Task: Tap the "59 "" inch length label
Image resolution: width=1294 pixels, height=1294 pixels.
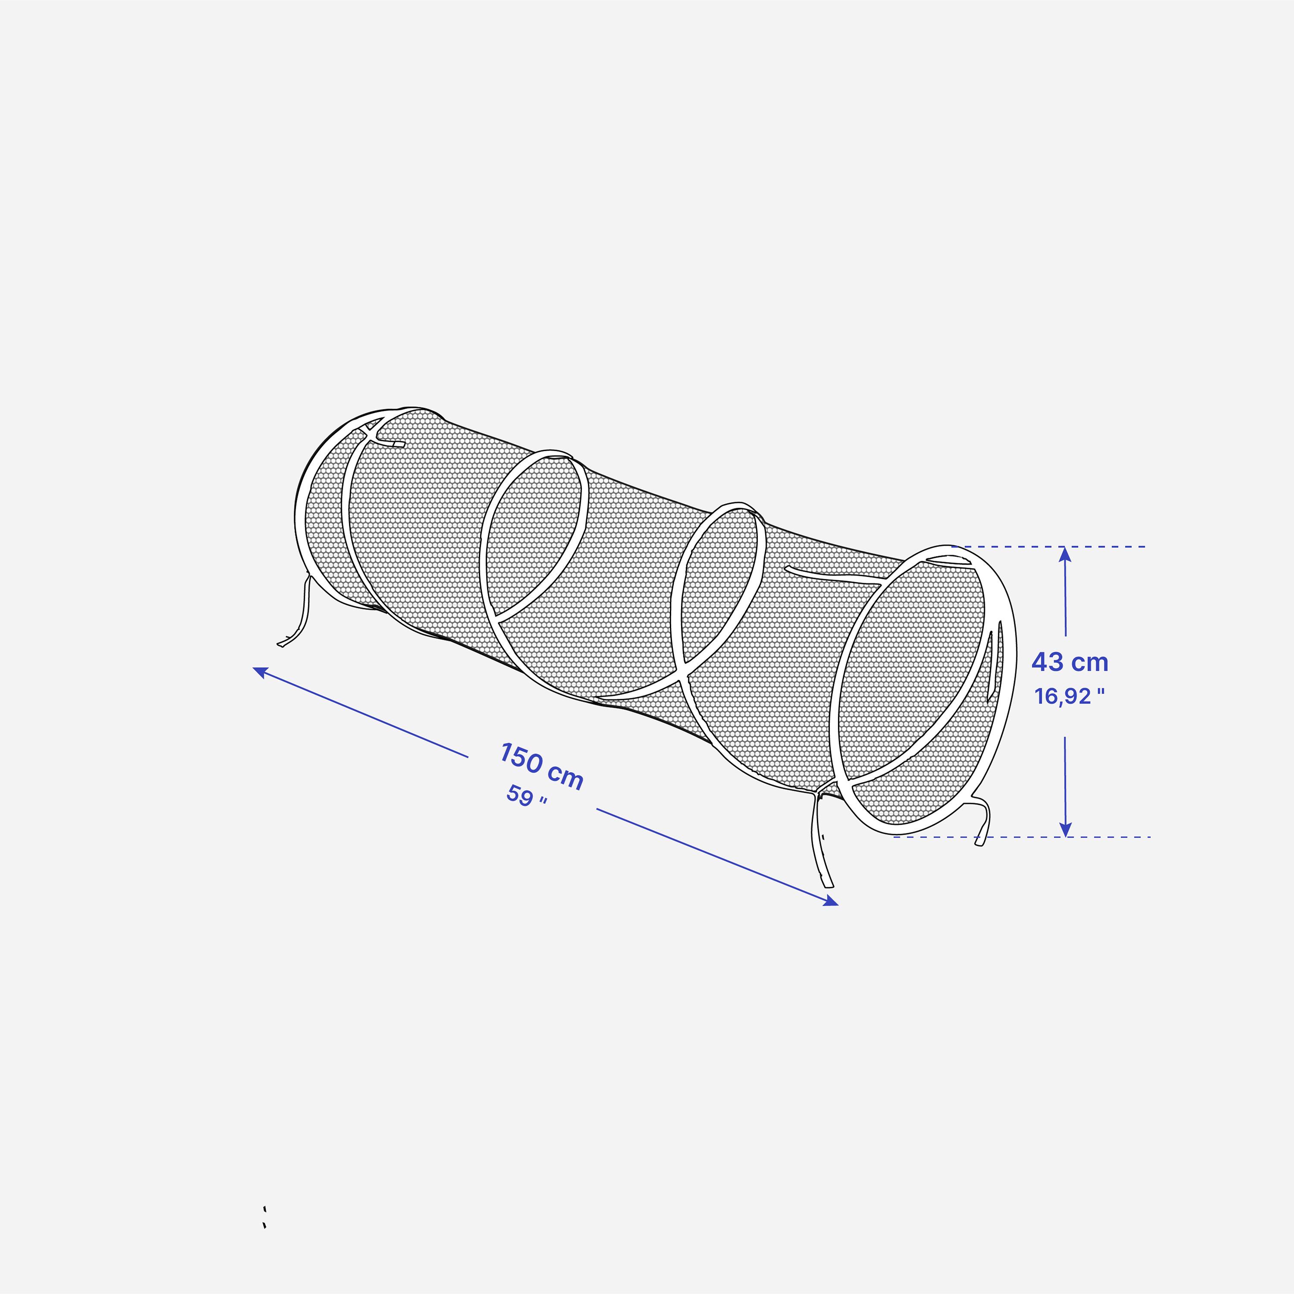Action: click(x=526, y=796)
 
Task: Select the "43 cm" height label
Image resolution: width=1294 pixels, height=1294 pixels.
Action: click(x=1070, y=663)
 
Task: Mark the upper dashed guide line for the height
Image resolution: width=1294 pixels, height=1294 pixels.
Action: click(x=1048, y=546)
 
